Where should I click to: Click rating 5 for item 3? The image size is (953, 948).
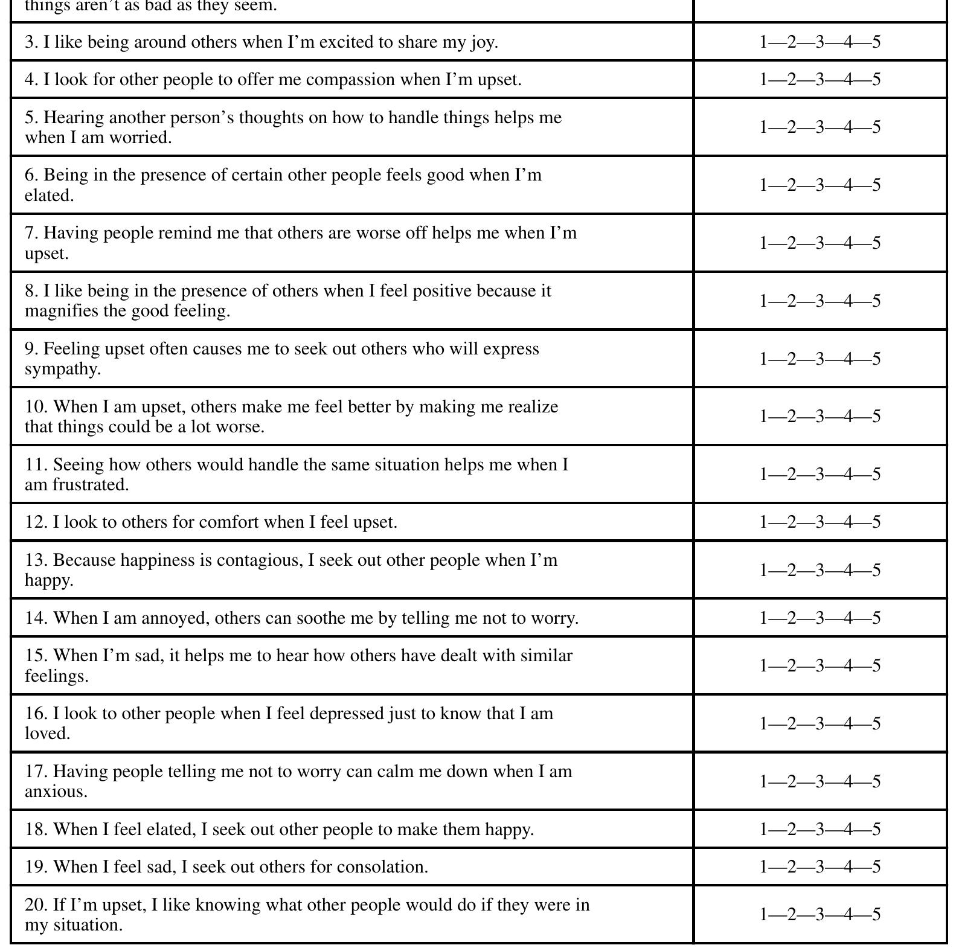[x=876, y=42]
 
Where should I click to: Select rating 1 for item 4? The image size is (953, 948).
[x=763, y=80]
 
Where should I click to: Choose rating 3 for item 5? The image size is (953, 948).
[x=820, y=127]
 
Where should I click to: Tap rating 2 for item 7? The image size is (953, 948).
[x=792, y=243]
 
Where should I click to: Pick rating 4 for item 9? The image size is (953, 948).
[x=848, y=359]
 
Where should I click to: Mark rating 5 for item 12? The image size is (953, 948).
[x=876, y=522]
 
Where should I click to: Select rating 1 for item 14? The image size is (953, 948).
[x=763, y=618]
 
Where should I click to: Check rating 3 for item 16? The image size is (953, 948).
[x=820, y=724]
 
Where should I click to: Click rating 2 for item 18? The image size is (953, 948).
[x=792, y=830]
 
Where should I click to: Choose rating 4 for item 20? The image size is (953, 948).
[x=848, y=915]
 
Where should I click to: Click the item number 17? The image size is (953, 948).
[x=36, y=772]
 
